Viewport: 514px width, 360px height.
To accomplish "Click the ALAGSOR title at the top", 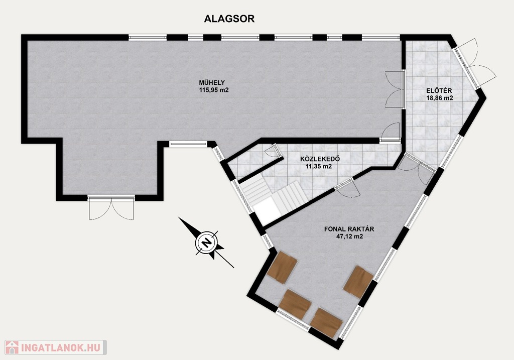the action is (229, 19).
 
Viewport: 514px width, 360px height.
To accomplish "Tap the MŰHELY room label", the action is (212, 82).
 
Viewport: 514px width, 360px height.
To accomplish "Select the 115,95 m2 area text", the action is (214, 90).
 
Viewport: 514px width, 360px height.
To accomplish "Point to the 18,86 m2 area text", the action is (440, 98).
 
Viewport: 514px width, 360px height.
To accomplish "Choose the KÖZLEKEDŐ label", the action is (320, 159).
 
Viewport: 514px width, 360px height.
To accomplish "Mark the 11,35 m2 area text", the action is (319, 167).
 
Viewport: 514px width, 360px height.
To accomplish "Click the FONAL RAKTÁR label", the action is (349, 229).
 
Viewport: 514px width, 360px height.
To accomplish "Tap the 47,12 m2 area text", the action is (349, 236).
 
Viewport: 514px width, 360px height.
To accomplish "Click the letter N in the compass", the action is (206, 243).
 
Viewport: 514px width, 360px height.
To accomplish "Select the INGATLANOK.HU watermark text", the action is (62, 347).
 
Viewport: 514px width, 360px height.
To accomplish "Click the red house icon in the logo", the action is (12, 347).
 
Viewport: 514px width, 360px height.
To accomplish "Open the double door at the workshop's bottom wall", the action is (111, 208).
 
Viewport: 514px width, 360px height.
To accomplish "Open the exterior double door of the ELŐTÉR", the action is (475, 64).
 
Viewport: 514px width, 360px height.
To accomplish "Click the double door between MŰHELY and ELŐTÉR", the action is (395, 88).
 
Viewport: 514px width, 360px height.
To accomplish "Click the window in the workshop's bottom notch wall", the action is (189, 144).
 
